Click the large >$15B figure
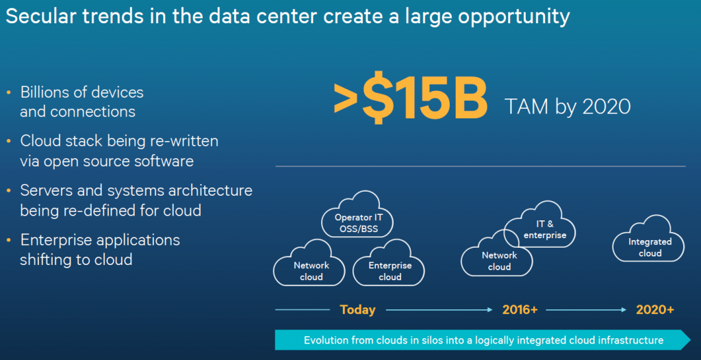tap(411, 97)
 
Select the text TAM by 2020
tap(568, 107)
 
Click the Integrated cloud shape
tap(649, 240)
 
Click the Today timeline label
tap(357, 309)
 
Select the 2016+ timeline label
tap(520, 309)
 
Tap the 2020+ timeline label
tap(655, 309)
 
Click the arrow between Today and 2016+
tap(439, 309)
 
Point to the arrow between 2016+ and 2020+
tap(586, 309)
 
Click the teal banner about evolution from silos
tap(483, 340)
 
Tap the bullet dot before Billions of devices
tap(9, 93)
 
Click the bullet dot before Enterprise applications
tap(9, 241)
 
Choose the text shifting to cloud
tap(76, 259)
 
